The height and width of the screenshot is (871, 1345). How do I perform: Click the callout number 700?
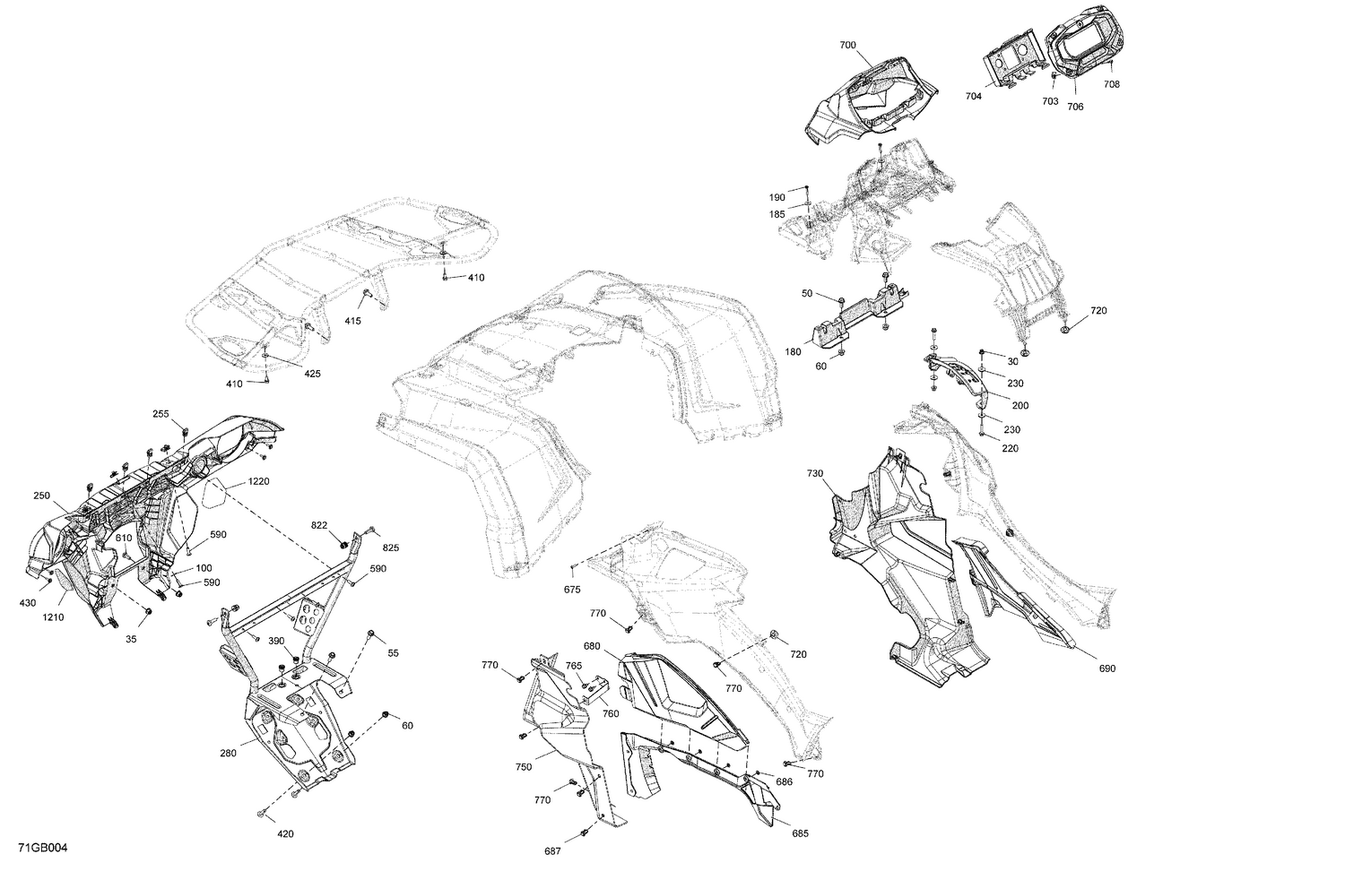[x=847, y=45]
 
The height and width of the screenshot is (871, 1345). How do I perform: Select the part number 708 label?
[x=1111, y=84]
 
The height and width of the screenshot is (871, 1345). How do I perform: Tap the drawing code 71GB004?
[x=43, y=849]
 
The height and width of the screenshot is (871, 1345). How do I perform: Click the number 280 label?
[x=228, y=754]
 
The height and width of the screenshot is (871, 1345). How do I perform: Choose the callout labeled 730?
[x=814, y=473]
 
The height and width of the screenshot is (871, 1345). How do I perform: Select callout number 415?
[x=353, y=321]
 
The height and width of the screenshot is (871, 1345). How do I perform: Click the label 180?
[x=793, y=352]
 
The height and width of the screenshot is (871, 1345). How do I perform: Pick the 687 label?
[x=552, y=851]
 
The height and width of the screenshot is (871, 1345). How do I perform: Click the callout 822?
[x=319, y=525]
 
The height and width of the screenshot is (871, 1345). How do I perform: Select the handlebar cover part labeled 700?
[x=870, y=99]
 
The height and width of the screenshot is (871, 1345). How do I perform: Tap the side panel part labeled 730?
[x=897, y=556]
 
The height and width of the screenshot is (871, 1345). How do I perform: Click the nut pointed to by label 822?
[x=343, y=543]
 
